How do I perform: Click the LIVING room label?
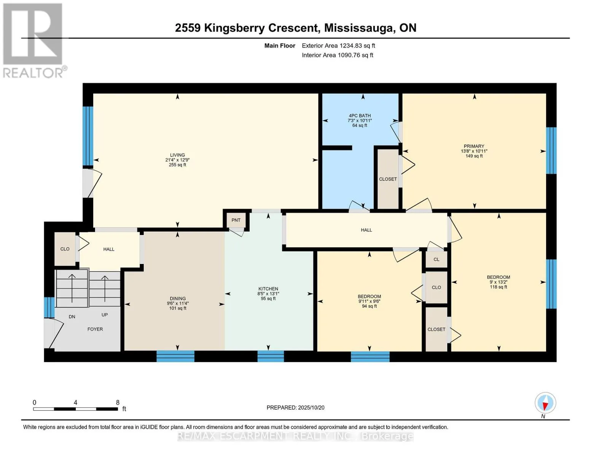pyautogui.click(x=177, y=155)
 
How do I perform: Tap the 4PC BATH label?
pyautogui.click(x=360, y=116)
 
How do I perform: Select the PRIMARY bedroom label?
pyautogui.click(x=474, y=146)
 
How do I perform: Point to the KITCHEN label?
pyautogui.click(x=268, y=289)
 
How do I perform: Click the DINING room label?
pyautogui.click(x=178, y=299)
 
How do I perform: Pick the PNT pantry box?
pyautogui.click(x=236, y=220)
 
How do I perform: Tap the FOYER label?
pyautogui.click(x=95, y=329)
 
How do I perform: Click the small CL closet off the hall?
pyautogui.click(x=436, y=259)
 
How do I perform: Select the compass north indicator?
pyautogui.click(x=545, y=403)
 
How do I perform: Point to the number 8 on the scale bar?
pyautogui.click(x=118, y=402)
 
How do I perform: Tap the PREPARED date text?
pyautogui.click(x=295, y=407)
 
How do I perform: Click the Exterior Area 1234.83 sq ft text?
pyautogui.click(x=338, y=46)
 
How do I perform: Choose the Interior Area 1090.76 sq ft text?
pyautogui.click(x=338, y=55)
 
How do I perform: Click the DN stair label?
pyautogui.click(x=72, y=316)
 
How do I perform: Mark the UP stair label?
pyautogui.click(x=105, y=315)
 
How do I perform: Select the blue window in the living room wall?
pyautogui.click(x=88, y=136)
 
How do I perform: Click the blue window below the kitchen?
pyautogui.click(x=271, y=356)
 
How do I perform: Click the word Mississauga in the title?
pyautogui.click(x=359, y=28)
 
